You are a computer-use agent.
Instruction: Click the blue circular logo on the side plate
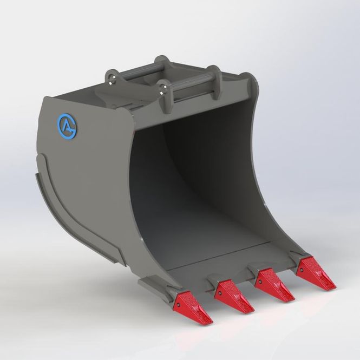(67, 125)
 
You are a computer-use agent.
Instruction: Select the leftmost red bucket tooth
(193, 309)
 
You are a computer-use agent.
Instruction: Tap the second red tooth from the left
(234, 298)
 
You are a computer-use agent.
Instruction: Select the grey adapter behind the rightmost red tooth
(298, 255)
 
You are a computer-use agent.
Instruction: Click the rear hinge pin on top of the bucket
(139, 70)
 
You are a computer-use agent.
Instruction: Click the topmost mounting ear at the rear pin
(159, 61)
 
